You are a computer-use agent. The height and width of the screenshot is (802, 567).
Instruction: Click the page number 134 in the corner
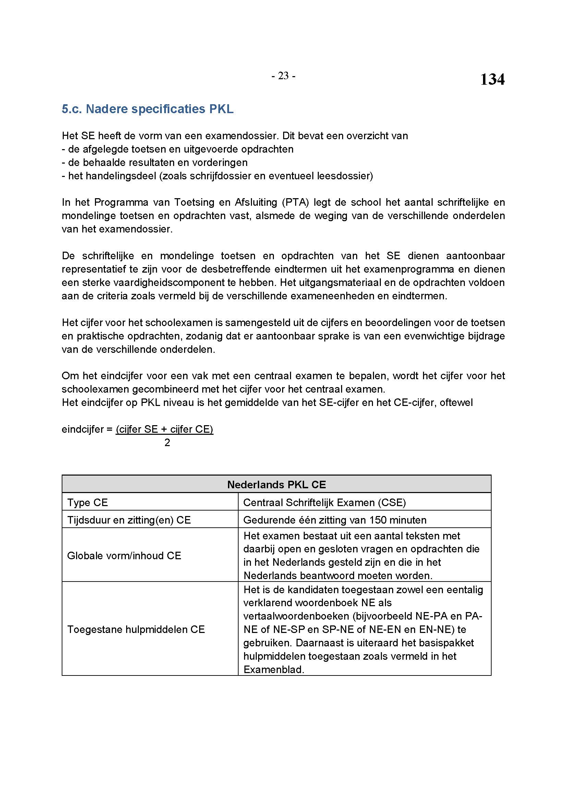pos(492,80)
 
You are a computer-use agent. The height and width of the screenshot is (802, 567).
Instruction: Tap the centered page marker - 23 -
pos(283,76)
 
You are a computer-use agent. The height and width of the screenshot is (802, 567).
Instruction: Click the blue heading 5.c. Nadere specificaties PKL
pos(147,109)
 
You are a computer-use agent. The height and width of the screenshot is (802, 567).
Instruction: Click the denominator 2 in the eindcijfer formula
pos(167,443)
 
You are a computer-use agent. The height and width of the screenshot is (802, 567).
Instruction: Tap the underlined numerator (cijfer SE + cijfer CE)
pos(165,429)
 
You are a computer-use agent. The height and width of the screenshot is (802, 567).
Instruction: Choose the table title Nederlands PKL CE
pos(276,484)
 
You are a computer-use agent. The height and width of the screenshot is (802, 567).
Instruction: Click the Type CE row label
pos(88,502)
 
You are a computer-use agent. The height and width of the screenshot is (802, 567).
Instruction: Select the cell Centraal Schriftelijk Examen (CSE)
pos(324,502)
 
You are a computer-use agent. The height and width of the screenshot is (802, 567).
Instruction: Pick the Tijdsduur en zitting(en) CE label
pos(129,520)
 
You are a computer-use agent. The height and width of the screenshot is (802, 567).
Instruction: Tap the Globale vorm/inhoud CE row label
pos(124,555)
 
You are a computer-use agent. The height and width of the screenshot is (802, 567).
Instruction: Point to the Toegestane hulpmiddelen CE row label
pos(136,629)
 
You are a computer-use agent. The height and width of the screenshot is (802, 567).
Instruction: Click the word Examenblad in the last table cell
pos(273,669)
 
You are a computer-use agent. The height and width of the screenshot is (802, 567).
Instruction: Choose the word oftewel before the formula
pos(456,403)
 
